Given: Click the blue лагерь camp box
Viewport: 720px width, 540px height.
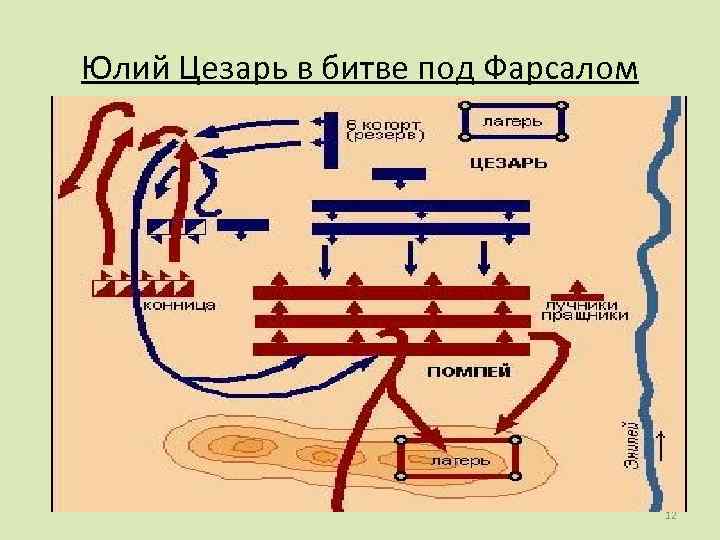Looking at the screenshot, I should coord(513,121).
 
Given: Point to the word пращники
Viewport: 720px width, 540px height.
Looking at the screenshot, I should coord(586,315).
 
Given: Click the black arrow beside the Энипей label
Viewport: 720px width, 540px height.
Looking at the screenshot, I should coord(661,448).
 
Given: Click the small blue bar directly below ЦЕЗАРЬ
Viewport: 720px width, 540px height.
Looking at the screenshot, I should coord(398,174).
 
